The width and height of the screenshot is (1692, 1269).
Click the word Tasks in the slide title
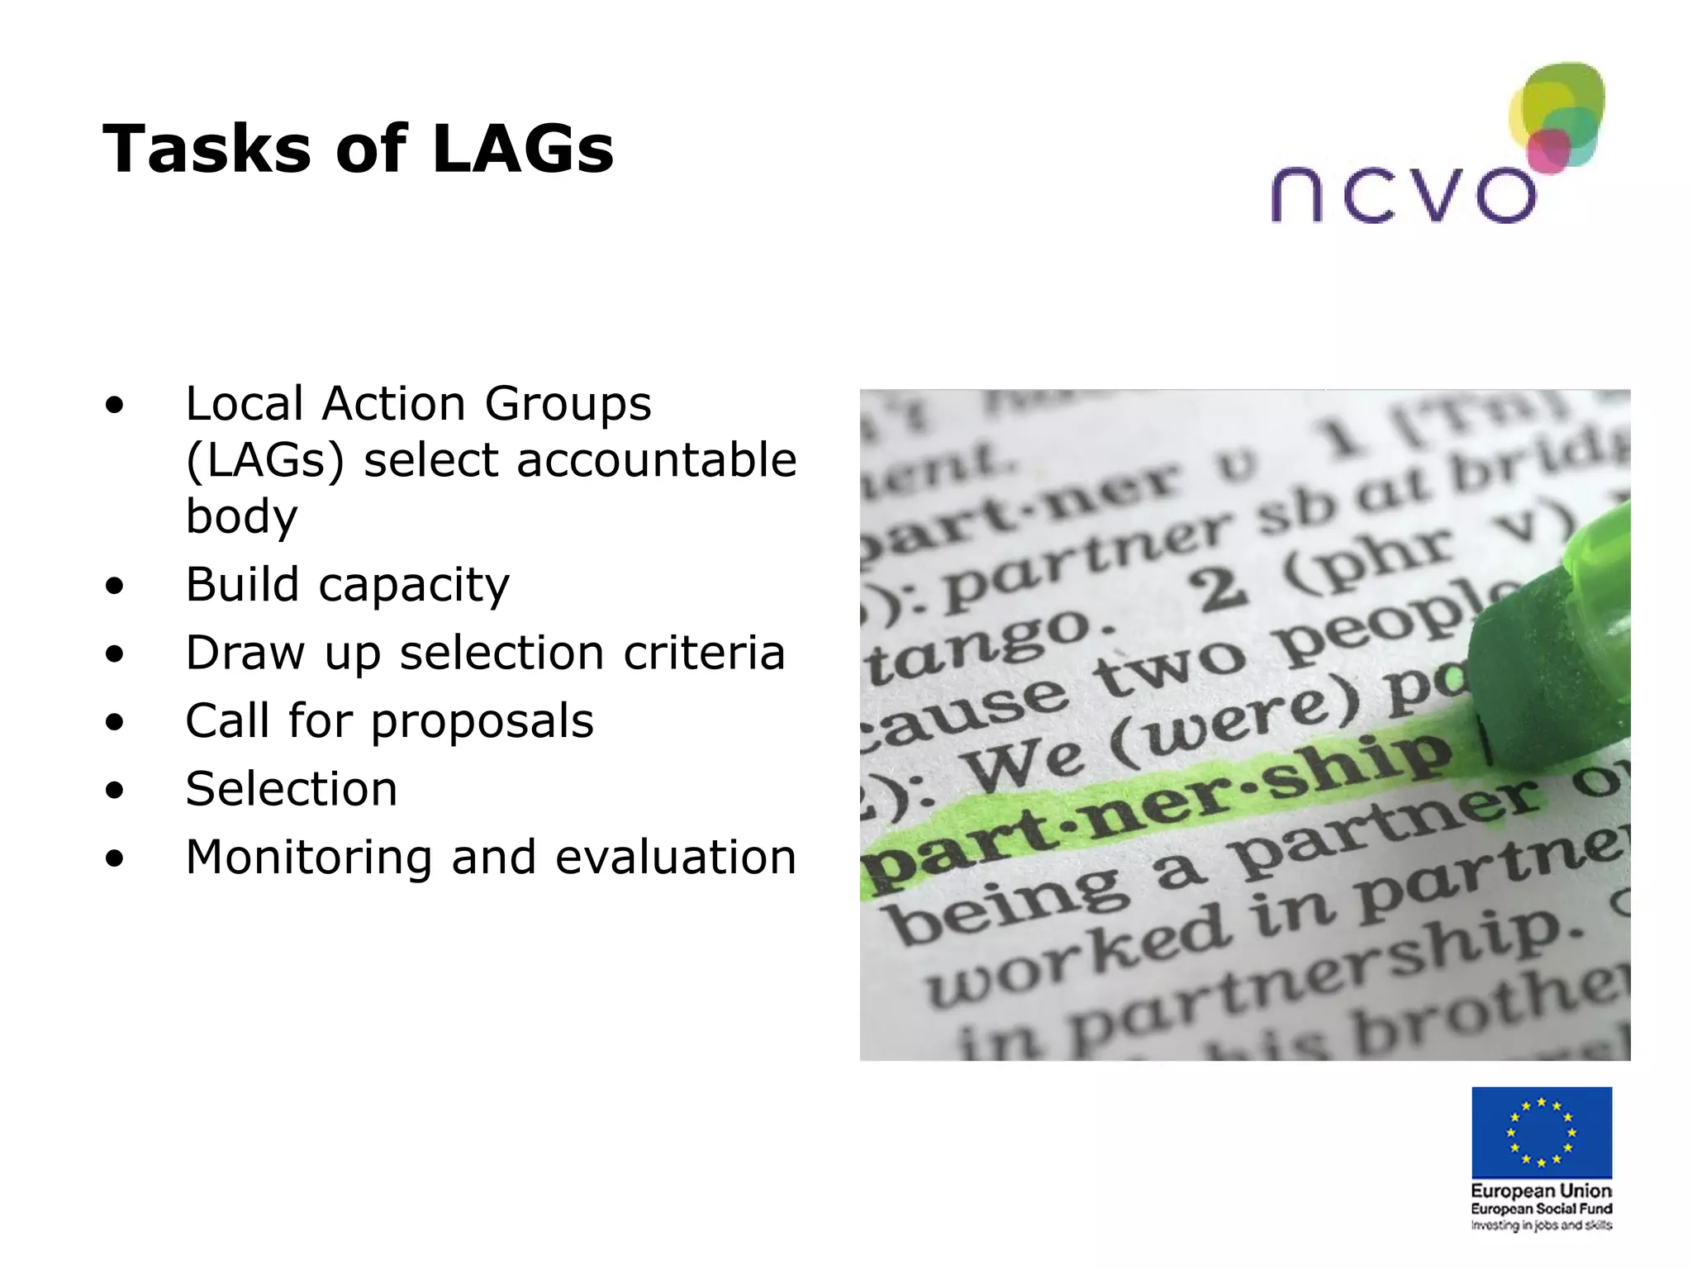point(207,150)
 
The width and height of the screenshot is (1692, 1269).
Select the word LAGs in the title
point(522,150)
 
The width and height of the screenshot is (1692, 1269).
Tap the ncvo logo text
point(1403,195)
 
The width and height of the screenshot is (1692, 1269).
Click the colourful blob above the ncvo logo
point(1558,116)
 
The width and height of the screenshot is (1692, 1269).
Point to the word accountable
point(657,460)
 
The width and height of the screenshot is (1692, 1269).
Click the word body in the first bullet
point(241,516)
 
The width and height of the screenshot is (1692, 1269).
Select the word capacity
point(414,586)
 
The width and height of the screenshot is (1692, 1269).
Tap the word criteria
point(704,653)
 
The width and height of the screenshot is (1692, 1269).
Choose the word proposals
point(482,721)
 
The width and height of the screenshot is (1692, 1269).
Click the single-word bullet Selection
point(292,789)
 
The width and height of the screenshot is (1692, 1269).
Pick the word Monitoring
point(309,857)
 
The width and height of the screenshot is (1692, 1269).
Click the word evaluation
point(676,857)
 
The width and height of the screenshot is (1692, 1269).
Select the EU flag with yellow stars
point(1542,1132)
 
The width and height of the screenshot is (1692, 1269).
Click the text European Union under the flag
point(1542,1191)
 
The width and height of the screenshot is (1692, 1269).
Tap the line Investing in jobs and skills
point(1542,1225)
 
